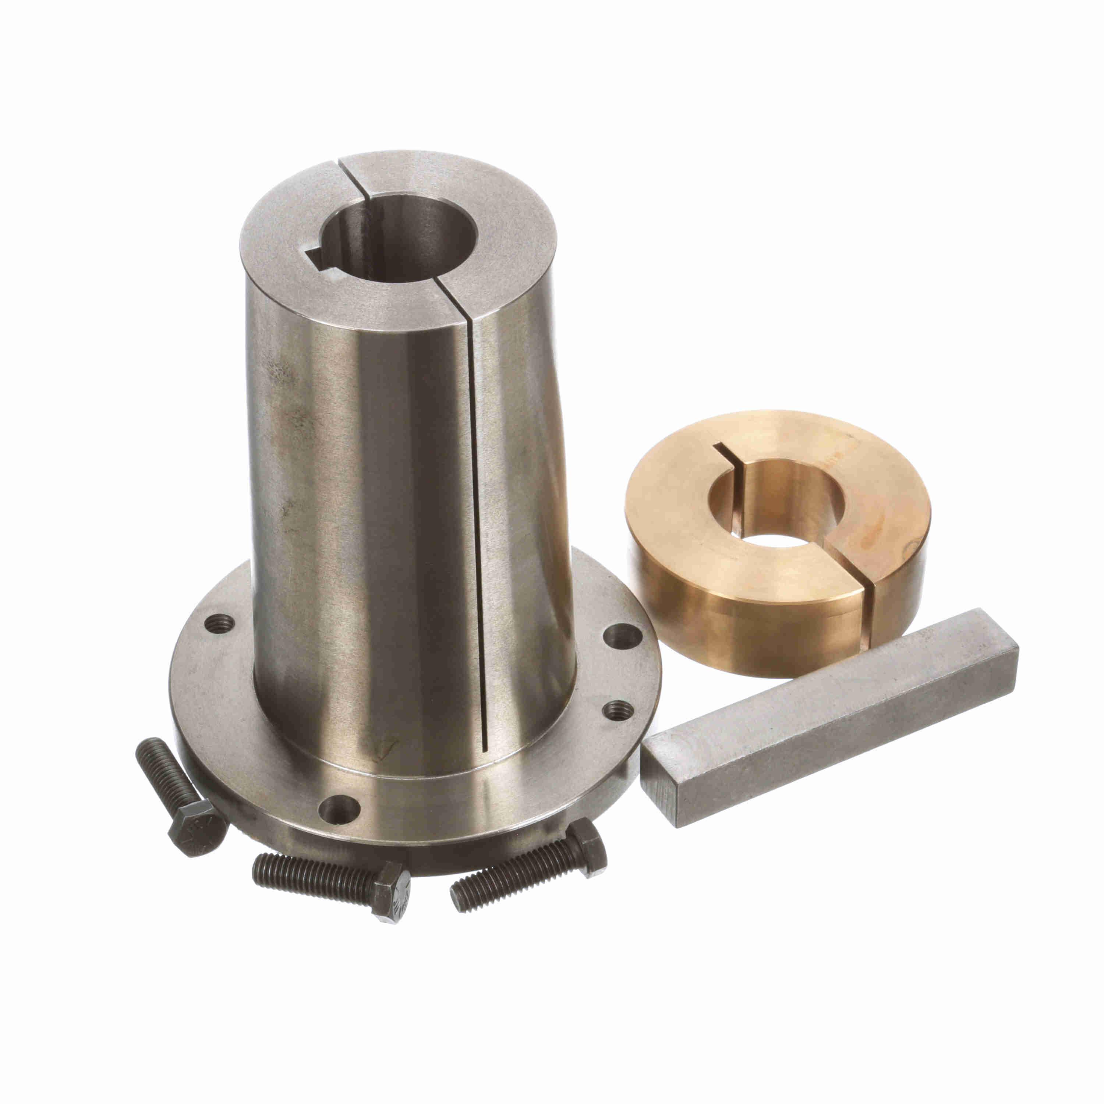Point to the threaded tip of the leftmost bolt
click(146, 751)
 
